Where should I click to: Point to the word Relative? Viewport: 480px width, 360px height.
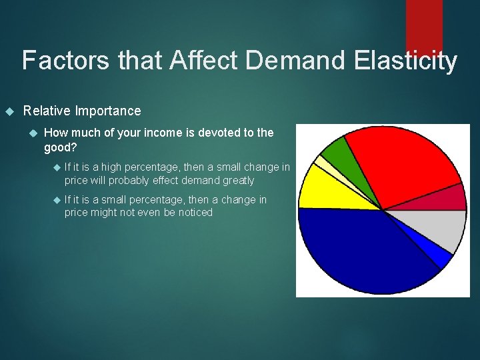pos(47,111)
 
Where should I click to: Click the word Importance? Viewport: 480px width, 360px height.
pos(108,111)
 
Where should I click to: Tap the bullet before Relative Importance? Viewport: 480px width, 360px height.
pos(9,111)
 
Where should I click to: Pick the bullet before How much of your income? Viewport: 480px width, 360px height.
pos(33,133)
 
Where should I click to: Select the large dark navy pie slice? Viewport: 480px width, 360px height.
pos(360,253)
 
